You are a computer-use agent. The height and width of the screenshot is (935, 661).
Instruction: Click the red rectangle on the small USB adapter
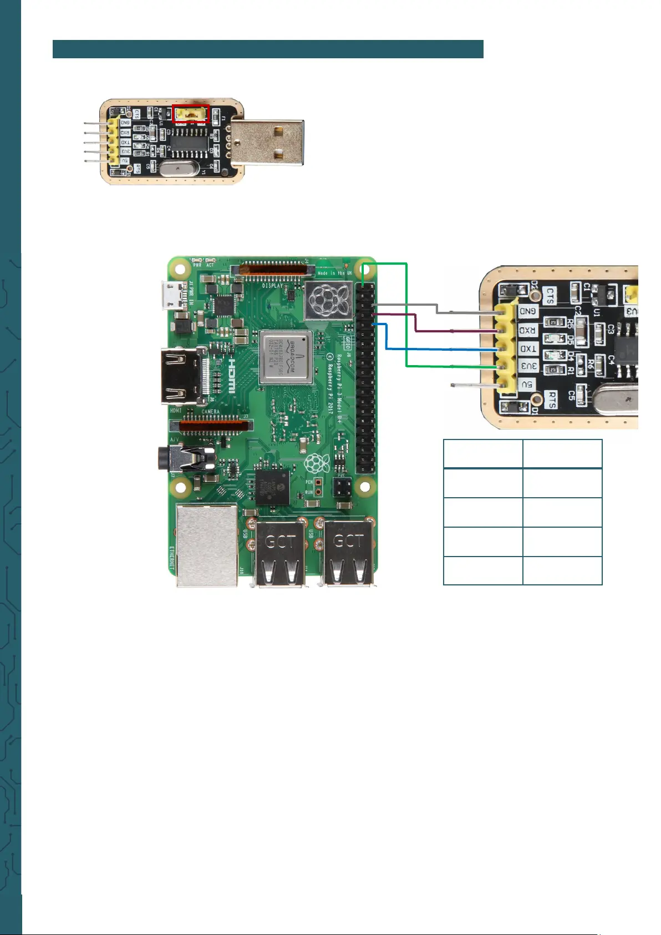point(190,114)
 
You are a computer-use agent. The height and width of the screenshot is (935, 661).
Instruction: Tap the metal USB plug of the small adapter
point(267,142)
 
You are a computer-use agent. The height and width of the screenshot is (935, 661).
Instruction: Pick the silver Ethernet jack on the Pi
point(206,545)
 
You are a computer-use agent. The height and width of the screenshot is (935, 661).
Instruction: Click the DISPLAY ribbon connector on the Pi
point(273,269)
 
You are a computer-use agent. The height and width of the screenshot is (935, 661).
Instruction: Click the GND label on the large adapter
point(528,311)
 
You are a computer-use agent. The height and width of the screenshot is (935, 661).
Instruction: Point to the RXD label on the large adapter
point(527,331)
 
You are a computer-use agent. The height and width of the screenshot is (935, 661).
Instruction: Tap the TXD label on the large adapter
point(527,348)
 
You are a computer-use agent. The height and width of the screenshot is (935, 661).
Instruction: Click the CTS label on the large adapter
point(550,296)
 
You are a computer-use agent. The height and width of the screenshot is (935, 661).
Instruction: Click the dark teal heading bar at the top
point(268,49)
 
